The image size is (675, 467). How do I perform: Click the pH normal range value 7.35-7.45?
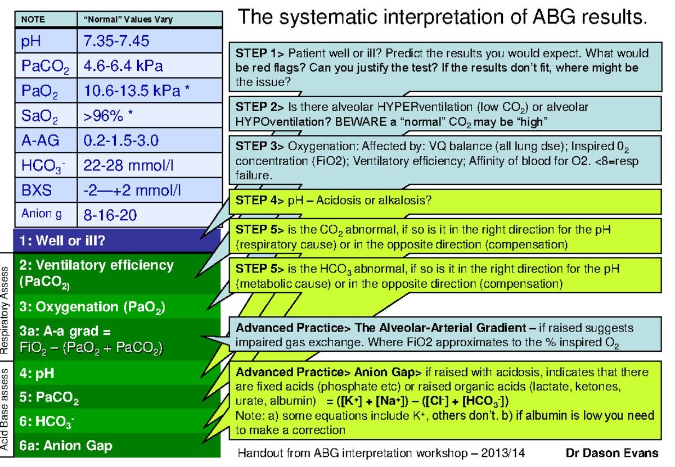(x=116, y=42)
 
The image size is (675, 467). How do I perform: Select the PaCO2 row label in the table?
(x=45, y=66)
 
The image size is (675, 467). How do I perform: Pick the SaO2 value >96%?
(x=109, y=116)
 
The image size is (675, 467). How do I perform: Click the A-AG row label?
(x=38, y=140)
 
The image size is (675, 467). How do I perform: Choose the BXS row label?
(x=37, y=190)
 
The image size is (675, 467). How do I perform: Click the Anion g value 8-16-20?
(x=110, y=215)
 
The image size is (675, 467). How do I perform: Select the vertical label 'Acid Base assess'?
(x=6, y=410)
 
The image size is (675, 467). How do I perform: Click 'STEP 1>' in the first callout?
(x=260, y=54)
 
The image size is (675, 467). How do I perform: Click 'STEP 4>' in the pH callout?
(x=260, y=201)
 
